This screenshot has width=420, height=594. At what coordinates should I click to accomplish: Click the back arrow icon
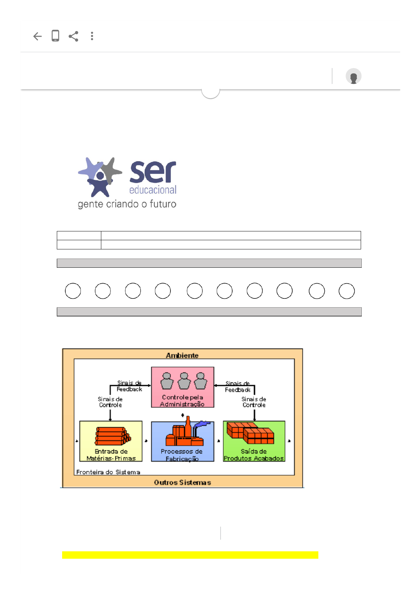pos(37,36)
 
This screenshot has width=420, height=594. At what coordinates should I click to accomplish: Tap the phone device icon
pos(55,36)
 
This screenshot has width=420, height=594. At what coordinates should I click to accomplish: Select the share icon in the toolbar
pos(73,36)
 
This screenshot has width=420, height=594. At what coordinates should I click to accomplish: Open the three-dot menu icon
pos(92,36)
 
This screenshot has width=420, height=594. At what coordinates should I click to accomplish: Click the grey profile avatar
pos(353,76)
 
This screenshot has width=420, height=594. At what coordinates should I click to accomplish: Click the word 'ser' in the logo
pos(153,172)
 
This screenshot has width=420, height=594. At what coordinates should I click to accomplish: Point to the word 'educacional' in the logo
pos(153,190)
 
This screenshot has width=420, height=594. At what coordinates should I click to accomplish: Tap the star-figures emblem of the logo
pos(100,176)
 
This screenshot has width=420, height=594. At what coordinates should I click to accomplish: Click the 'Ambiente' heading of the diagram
pos(182,355)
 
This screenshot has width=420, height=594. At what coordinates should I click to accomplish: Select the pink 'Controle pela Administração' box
pos(182,387)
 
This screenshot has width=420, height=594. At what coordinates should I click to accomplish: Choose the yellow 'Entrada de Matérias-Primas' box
pos(111,441)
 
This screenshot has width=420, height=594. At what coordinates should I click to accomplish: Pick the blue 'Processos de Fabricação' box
pos(182,441)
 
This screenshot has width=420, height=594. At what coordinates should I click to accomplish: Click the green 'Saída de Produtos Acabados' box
pos(254,441)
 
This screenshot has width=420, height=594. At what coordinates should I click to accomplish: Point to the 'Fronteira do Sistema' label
pos(108,472)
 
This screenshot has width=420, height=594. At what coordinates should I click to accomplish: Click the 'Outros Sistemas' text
pos(182,482)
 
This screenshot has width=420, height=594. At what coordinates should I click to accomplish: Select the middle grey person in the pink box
pos(184,381)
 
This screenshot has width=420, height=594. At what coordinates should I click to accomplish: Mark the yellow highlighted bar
pos(190,555)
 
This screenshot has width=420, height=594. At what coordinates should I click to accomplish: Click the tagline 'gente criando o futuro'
pos(127,204)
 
